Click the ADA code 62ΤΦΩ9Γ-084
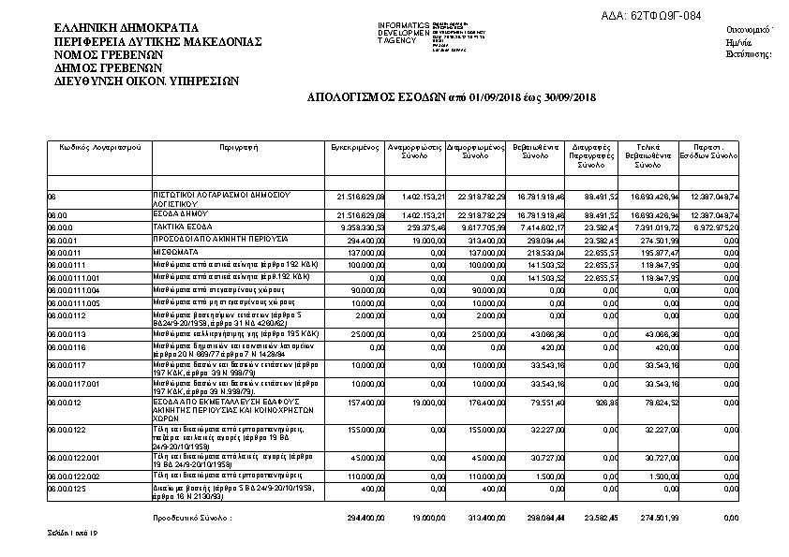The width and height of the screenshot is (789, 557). (x=650, y=15)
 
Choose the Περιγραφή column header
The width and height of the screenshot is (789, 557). (x=239, y=148)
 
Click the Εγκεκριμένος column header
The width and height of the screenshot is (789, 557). (x=354, y=148)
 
